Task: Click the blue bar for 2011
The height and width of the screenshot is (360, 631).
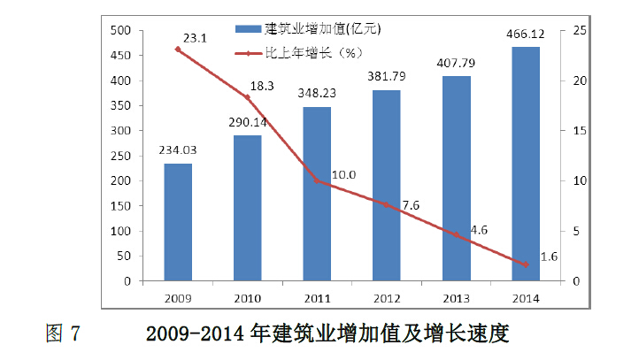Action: pos(317,195)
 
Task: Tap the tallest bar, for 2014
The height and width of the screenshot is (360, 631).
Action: pos(526,165)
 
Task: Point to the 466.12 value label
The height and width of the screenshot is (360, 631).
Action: pos(526,35)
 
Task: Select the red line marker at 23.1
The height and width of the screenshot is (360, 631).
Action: pos(178,50)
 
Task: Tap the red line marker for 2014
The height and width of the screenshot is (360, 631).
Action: pos(526,265)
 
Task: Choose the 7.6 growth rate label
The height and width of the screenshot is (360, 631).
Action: pos(410,206)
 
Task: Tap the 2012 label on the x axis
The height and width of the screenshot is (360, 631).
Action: pos(387,296)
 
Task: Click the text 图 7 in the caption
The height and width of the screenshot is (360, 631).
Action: pos(63,334)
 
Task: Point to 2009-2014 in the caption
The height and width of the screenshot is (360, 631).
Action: pos(194,334)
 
